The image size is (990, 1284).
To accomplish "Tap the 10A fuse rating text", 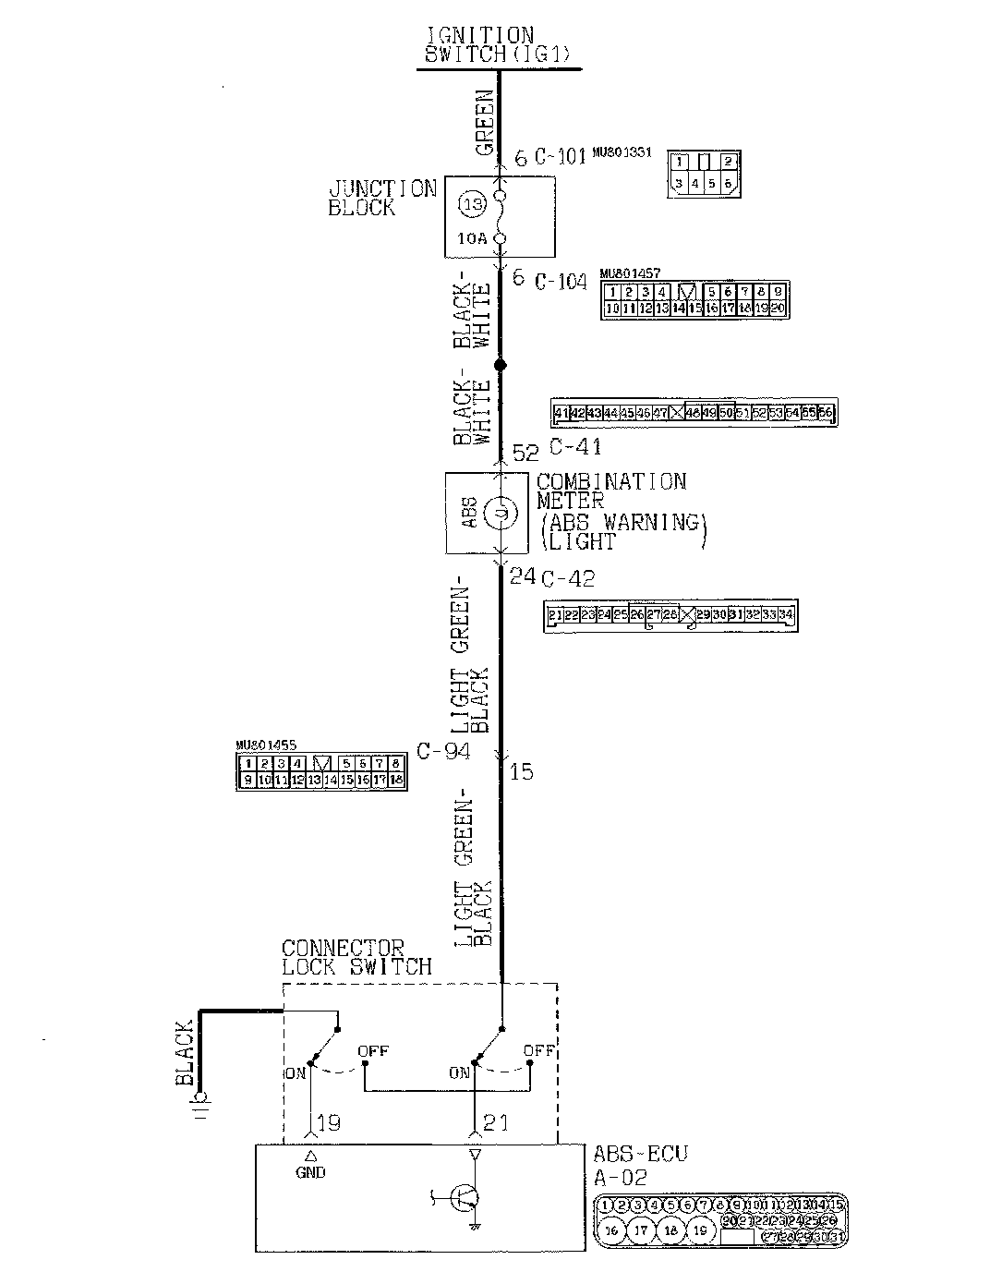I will pyautogui.click(x=471, y=238).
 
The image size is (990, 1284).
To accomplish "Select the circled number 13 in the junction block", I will pyautogui.click(x=472, y=205).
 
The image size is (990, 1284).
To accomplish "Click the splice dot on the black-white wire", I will pyautogui.click(x=501, y=366).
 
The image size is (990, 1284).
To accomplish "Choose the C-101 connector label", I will pyautogui.click(x=561, y=156).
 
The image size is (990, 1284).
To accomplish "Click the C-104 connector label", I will pyautogui.click(x=561, y=280).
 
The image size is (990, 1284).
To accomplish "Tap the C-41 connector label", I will pyautogui.click(x=575, y=447).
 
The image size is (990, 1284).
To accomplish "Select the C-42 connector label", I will pyautogui.click(x=567, y=579).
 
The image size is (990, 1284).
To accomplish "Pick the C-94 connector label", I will pyautogui.click(x=443, y=751).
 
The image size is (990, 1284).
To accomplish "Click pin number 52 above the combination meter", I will pyautogui.click(x=525, y=452).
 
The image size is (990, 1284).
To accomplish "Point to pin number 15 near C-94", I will pyautogui.click(x=522, y=771).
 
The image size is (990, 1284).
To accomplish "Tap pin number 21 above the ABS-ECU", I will pyautogui.click(x=495, y=1123).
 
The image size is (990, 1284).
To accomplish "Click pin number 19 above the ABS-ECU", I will pyautogui.click(x=329, y=1123).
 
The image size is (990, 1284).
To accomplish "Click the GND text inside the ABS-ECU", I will pyautogui.click(x=310, y=1172).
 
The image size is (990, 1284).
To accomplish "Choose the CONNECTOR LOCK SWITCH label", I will pyautogui.click(x=356, y=958).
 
